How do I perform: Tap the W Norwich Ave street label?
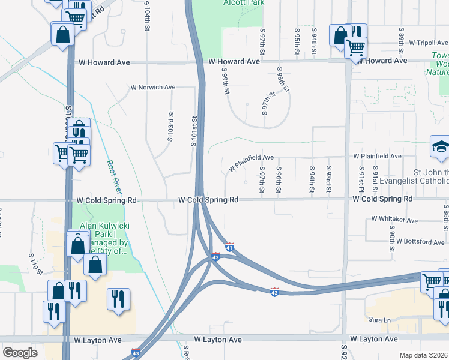[x=154, y=87]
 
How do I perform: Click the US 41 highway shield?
[x=229, y=247]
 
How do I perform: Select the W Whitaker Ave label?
[x=394, y=220]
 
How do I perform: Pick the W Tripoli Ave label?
[x=428, y=43]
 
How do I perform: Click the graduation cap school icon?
[x=439, y=146]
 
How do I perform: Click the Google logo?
[x=20, y=352]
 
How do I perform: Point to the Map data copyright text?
[x=424, y=355]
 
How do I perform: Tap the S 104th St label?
[x=146, y=16]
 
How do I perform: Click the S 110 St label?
[x=36, y=264]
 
